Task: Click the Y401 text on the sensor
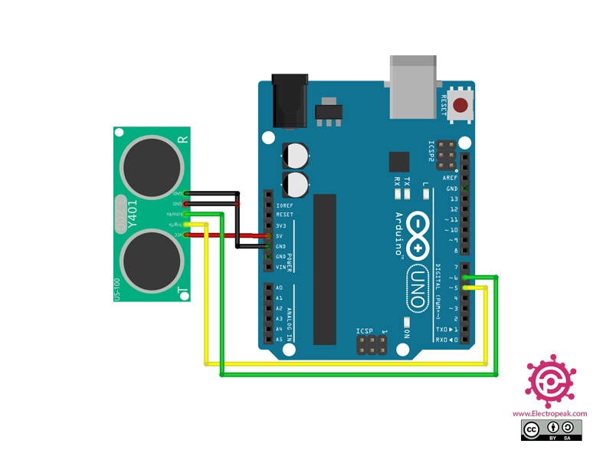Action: pyautogui.click(x=133, y=215)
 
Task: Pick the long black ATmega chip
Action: pyautogui.click(x=325, y=268)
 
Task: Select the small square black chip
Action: pyautogui.click(x=399, y=161)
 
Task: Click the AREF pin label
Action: pyautogui.click(x=451, y=178)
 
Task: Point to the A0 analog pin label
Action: pyautogui.click(x=279, y=287)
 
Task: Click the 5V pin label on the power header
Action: pyautogui.click(x=280, y=236)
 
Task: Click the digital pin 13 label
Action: pyautogui.click(x=454, y=199)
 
